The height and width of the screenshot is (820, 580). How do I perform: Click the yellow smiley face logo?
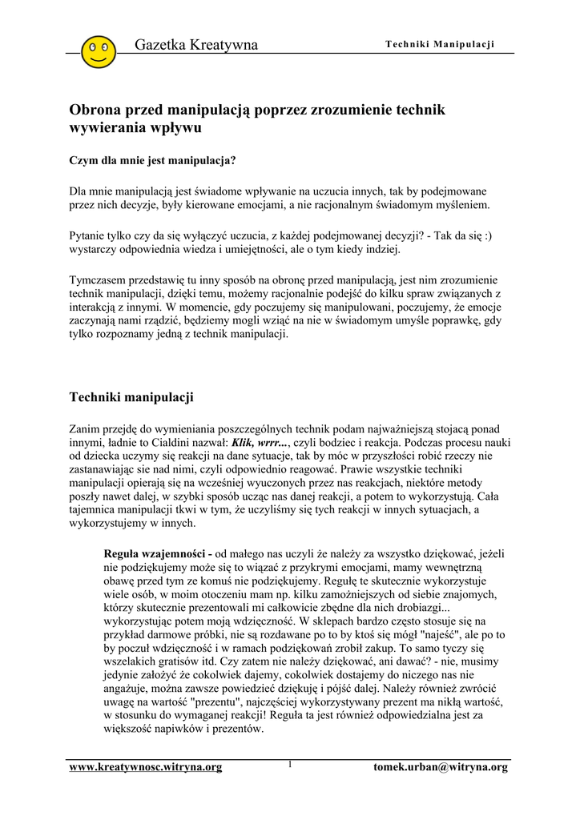[x=99, y=50]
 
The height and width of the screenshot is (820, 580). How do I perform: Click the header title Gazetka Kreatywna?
[x=196, y=45]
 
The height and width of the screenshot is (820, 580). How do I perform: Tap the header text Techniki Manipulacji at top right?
[x=440, y=43]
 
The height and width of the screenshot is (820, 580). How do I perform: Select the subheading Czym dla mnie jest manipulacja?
[x=153, y=160]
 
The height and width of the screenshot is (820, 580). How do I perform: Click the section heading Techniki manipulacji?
[x=131, y=397]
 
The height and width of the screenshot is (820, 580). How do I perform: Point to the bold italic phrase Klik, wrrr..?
[x=258, y=442]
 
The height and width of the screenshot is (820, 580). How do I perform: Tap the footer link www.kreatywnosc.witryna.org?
[x=146, y=767]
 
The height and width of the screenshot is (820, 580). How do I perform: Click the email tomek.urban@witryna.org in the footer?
[x=441, y=767]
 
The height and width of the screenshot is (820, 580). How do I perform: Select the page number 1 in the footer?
[x=289, y=765]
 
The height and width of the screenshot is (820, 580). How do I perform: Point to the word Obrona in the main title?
[x=95, y=110]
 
